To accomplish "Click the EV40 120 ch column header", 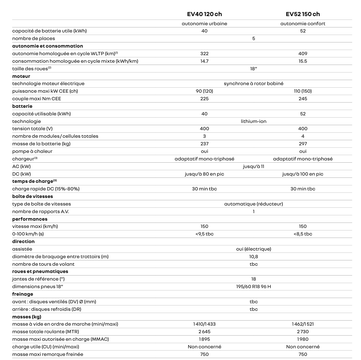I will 204,14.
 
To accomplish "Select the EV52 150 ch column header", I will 303,14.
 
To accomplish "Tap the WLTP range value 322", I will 204,54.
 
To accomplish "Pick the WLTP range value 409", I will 303,54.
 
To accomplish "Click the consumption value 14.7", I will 204,61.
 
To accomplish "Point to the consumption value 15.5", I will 303,61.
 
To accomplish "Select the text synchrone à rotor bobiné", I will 253,84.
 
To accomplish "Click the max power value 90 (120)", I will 204,91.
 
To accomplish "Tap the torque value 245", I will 303,99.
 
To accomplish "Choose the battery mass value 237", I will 204,144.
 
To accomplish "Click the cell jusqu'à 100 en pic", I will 303,174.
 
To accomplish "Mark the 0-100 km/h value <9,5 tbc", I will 204,234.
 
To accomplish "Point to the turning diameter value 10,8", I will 253,257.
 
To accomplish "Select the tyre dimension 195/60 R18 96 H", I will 253,287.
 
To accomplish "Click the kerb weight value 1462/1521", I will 303,324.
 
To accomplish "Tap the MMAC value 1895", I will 204,339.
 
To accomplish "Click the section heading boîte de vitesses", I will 33,196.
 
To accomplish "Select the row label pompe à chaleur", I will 32,151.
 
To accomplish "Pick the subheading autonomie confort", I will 303,24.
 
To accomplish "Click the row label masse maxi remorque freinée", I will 48,354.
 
